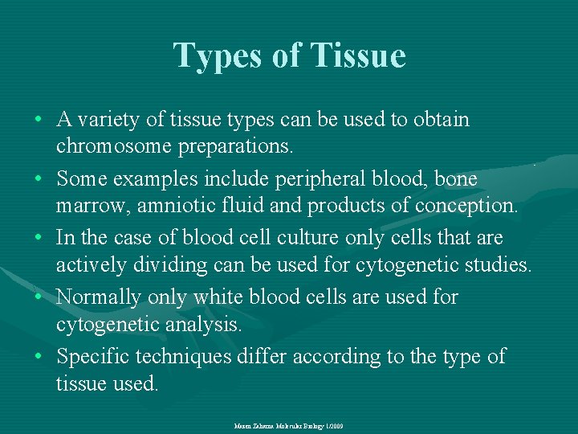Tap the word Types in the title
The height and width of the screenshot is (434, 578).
[x=217, y=55]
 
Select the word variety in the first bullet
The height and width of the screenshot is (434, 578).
[x=112, y=120]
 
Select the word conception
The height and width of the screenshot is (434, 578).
[x=466, y=207]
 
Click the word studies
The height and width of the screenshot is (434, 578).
[x=497, y=266]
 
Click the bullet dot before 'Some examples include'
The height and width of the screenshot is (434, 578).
[x=39, y=179]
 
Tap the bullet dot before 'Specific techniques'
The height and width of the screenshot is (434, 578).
[x=39, y=357]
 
